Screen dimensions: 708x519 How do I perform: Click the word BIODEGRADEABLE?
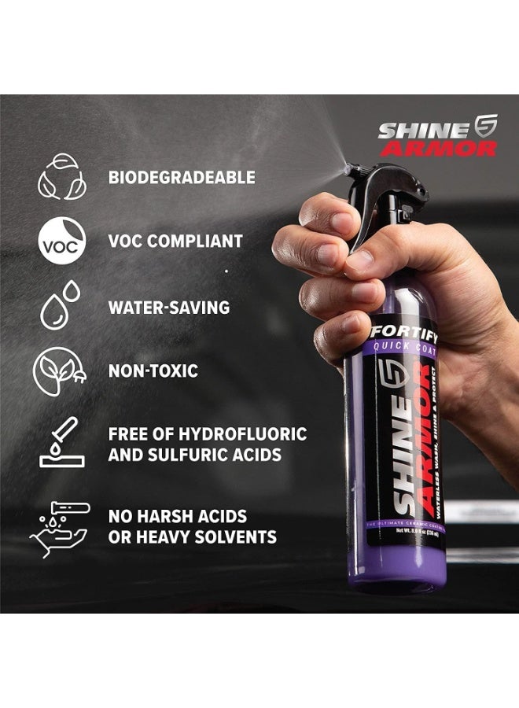pos(182,177)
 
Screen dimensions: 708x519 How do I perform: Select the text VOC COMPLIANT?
pos(175,242)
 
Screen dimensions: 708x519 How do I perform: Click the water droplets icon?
pos(61,305)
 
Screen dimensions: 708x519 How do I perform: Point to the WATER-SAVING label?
pos(169,307)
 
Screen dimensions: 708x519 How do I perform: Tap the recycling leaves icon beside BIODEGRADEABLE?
pos(61,177)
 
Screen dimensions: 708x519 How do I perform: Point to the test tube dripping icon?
pos(61,444)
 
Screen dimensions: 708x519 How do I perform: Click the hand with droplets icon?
pos(61,525)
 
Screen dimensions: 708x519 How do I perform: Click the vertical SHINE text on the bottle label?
pos(403,456)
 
